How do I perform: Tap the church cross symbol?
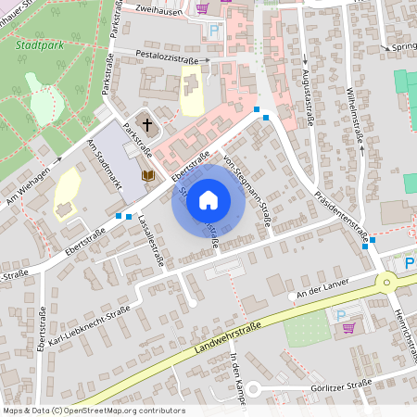tap(145, 123)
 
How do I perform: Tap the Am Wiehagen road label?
tap(28, 191)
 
